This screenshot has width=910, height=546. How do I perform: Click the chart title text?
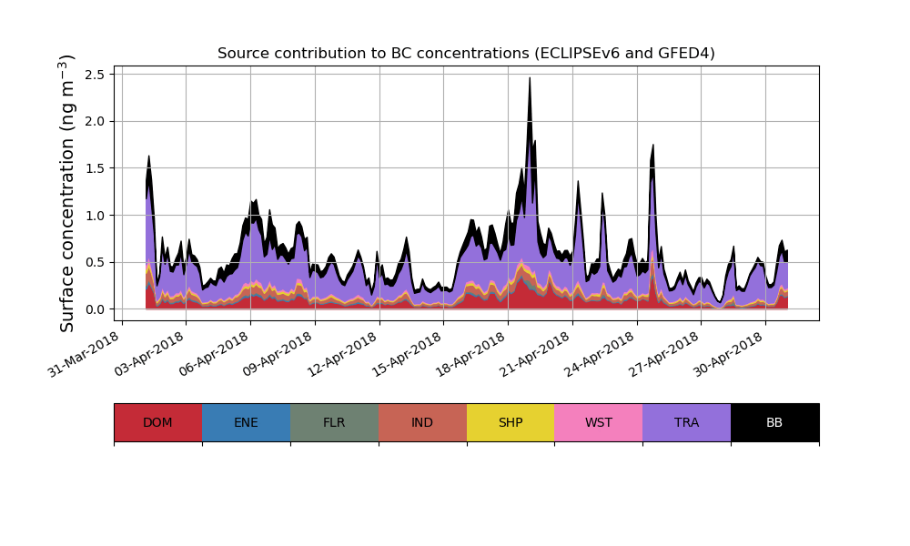click(466, 54)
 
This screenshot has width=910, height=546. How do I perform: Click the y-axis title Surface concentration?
click(68, 193)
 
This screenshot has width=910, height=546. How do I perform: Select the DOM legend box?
click(157, 422)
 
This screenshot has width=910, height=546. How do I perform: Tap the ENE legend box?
click(246, 422)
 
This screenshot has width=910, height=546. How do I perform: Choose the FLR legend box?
click(334, 422)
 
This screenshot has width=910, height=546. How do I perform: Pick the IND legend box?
click(422, 422)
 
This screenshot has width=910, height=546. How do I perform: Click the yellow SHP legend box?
click(511, 422)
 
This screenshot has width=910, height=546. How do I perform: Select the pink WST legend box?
click(599, 422)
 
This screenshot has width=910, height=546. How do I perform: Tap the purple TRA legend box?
click(687, 422)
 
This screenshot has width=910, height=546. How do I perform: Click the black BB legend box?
click(774, 422)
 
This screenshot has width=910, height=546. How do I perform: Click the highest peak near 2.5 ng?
click(530, 78)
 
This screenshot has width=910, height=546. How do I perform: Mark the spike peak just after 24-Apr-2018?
click(652, 146)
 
